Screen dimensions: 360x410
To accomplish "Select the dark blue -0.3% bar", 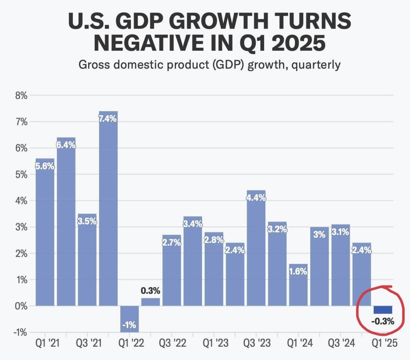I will pos(383,310).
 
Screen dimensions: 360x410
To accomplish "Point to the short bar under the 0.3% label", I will pos(150,302).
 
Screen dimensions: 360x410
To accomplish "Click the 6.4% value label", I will pos(66,145).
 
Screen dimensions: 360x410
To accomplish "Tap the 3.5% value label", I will pos(87,221).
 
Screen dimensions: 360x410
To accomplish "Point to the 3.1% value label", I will pos(341,232).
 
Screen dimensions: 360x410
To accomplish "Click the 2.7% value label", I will pos(172,243).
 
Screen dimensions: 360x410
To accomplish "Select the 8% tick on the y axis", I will pos(21,96).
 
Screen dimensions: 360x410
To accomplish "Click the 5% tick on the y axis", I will pos(21,175).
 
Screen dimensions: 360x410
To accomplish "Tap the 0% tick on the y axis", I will pos(21,306).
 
